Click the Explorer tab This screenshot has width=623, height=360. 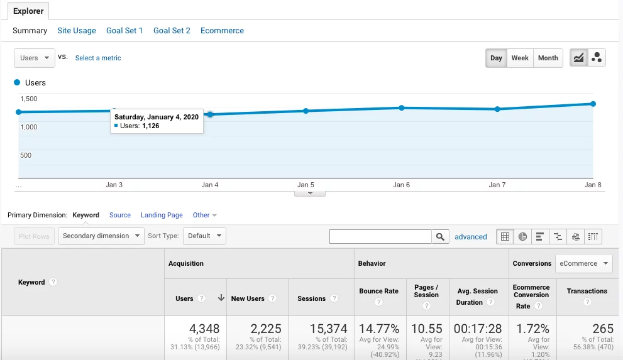(x=28, y=11)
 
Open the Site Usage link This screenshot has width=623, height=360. (x=77, y=30)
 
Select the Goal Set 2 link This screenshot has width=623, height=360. (x=172, y=30)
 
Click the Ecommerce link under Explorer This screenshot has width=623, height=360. (x=222, y=30)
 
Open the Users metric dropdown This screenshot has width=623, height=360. (x=34, y=58)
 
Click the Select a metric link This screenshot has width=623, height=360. (x=98, y=58)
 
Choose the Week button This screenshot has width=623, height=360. (x=520, y=58)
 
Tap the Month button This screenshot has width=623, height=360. (x=548, y=58)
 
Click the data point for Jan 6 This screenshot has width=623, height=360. (x=402, y=108)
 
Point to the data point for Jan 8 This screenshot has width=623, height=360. (x=593, y=104)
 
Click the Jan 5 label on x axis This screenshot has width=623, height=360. (x=306, y=185)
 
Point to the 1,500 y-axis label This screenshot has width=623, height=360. (x=29, y=99)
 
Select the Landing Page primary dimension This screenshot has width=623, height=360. (x=162, y=215)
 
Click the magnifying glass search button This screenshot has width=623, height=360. (x=441, y=237)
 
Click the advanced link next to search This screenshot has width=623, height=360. (x=471, y=237)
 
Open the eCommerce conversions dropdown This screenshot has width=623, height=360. (x=584, y=263)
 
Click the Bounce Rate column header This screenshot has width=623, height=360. (x=378, y=291)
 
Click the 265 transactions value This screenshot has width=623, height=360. (x=602, y=329)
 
